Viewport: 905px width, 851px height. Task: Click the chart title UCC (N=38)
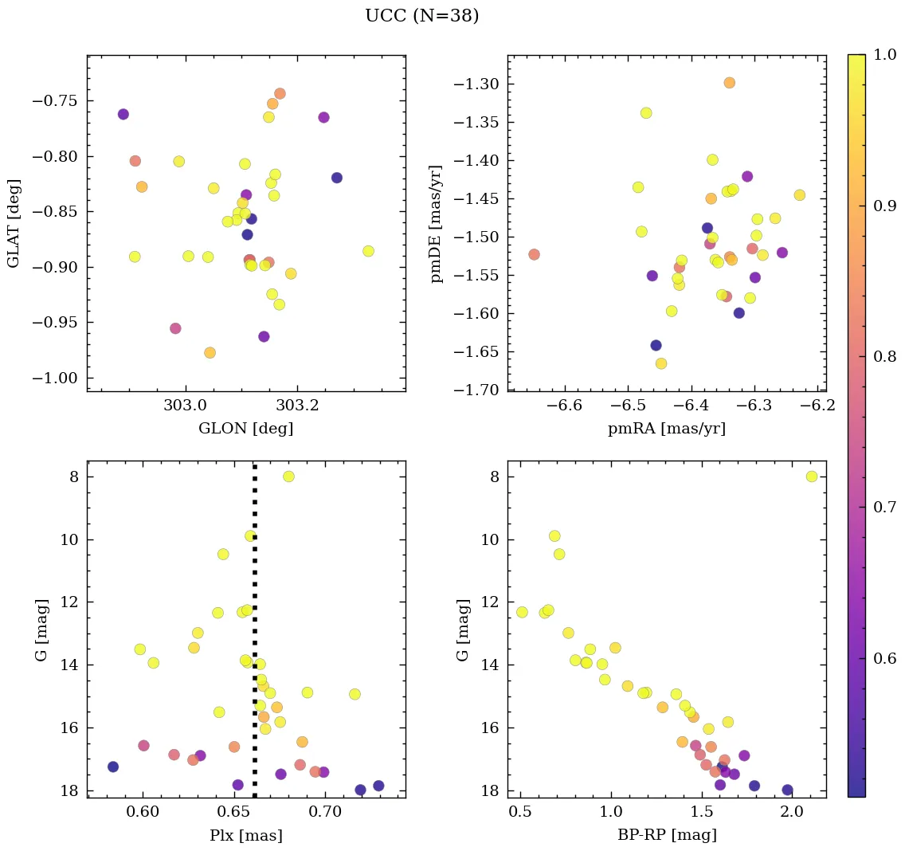[x=421, y=16]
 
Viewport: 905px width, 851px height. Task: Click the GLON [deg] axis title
[x=245, y=429]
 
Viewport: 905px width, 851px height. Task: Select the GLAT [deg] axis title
[x=14, y=223]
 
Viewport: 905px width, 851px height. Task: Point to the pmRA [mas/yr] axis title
[x=666, y=429]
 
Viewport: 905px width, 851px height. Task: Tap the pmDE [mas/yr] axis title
[x=437, y=223]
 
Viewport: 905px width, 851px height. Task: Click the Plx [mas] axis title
[x=245, y=835]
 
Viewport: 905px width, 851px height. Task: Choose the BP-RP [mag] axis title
[x=666, y=835]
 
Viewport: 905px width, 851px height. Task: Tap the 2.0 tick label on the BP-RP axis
[x=793, y=813]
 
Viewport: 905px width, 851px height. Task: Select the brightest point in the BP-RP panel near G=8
[x=812, y=476]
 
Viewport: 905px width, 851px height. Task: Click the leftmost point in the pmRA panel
[x=534, y=254]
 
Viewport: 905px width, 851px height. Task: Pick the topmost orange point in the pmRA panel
[x=729, y=83]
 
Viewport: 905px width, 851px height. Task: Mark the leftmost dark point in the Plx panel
[x=113, y=767]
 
